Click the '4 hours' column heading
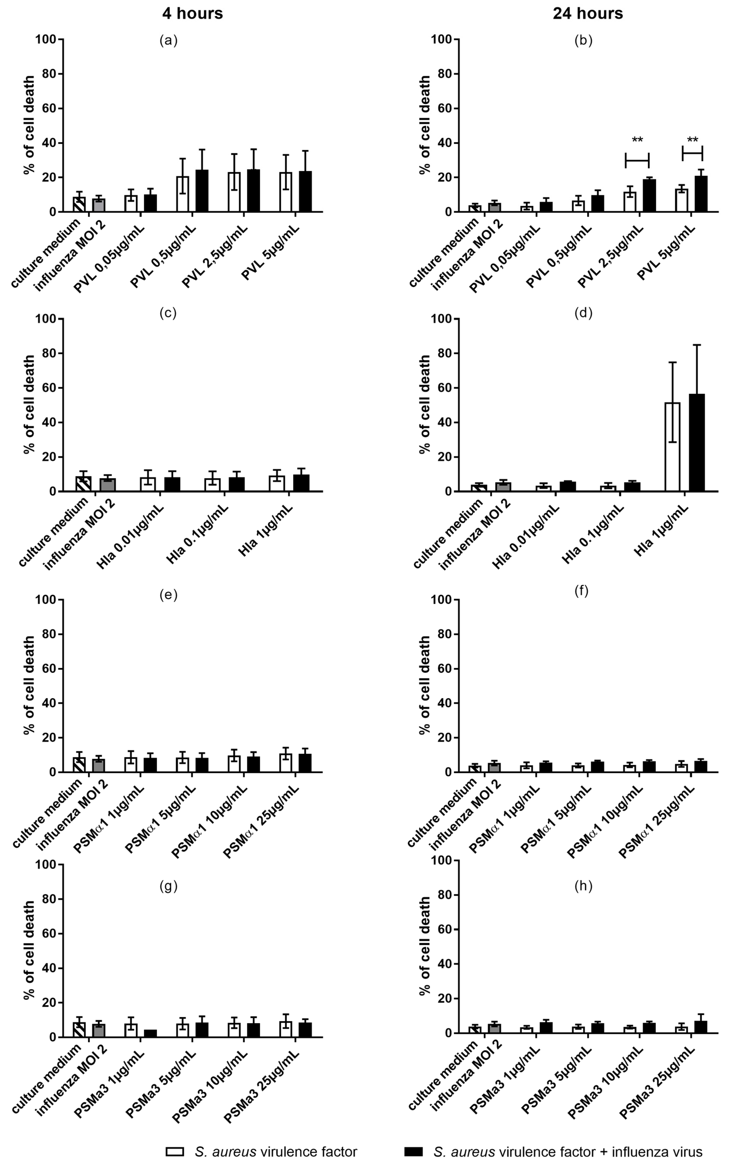[192, 14]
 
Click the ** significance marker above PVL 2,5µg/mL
[637, 141]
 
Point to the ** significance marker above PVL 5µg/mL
[692, 141]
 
